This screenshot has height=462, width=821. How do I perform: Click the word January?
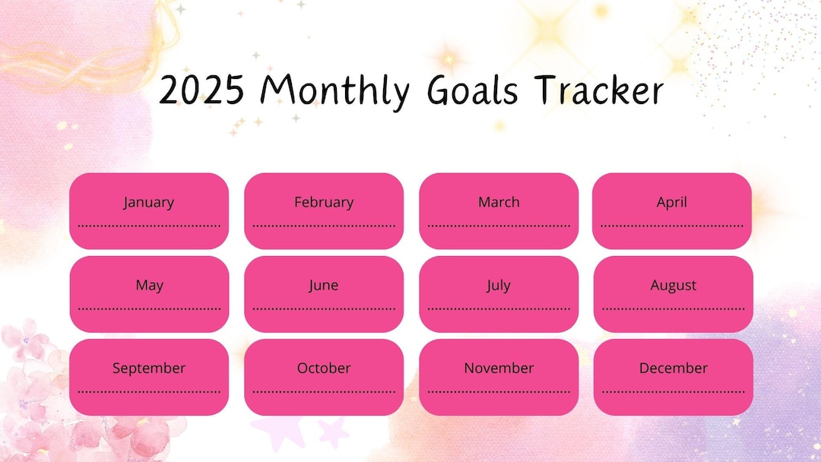149,202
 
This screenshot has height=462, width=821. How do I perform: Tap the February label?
324,202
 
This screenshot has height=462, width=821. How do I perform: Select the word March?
499,202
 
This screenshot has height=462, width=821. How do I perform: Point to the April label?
672,202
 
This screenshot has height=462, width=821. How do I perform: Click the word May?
149,286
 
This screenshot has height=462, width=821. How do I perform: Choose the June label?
324,286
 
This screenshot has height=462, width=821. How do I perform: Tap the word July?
499,286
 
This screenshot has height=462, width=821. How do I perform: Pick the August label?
674,286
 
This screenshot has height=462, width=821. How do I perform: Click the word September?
149,369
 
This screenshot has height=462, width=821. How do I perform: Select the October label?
324,369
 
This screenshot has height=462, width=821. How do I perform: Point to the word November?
499,369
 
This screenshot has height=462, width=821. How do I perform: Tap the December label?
674,369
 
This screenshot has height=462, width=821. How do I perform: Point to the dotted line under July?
499,309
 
